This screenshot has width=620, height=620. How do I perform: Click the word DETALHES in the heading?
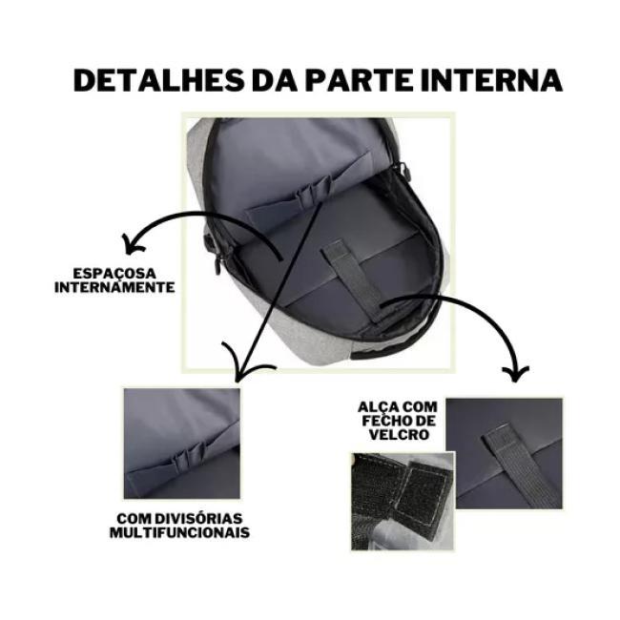(x=158, y=81)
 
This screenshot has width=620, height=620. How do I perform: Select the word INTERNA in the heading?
(x=491, y=81)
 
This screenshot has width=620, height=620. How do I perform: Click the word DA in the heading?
(x=275, y=81)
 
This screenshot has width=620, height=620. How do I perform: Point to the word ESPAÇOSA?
(x=114, y=273)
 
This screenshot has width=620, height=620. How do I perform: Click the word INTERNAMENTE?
(x=114, y=287)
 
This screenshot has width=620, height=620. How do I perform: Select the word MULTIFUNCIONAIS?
(x=179, y=532)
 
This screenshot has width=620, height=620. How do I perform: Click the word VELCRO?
(x=399, y=435)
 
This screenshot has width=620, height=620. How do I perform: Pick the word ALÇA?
(x=379, y=407)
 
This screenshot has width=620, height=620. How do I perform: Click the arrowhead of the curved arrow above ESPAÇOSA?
(x=132, y=243)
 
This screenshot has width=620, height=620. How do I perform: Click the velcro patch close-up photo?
(x=403, y=501)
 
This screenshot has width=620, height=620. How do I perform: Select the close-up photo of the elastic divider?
(x=182, y=444)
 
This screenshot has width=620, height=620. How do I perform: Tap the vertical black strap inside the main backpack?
(x=353, y=278)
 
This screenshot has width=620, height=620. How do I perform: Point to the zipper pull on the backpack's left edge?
(x=217, y=262)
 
